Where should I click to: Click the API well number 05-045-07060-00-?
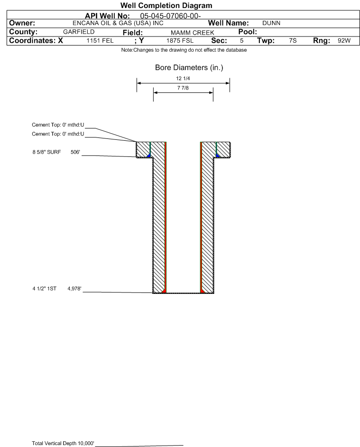click(x=170, y=16)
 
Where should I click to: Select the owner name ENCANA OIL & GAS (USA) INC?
click(x=118, y=23)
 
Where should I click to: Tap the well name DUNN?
click(x=271, y=23)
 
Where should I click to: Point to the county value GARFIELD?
click(x=79, y=32)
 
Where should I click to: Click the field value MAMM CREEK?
click(x=192, y=33)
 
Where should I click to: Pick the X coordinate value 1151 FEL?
click(x=100, y=40)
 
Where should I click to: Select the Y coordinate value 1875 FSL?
click(x=180, y=40)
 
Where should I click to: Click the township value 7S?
click(x=293, y=40)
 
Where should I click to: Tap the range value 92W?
click(x=344, y=40)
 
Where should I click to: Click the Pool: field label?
click(x=248, y=32)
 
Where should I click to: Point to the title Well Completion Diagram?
click(x=166, y=5)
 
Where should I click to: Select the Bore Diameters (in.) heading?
click(x=189, y=68)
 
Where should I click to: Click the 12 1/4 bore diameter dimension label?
click(x=183, y=78)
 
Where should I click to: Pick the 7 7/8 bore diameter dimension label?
click(x=183, y=88)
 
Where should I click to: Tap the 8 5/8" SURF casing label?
click(x=46, y=152)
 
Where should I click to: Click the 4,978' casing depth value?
click(x=74, y=289)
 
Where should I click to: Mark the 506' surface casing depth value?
click(x=75, y=152)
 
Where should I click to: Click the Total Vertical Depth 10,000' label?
click(x=63, y=443)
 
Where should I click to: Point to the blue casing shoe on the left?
click(x=149, y=155)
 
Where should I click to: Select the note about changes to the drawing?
click(x=184, y=50)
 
